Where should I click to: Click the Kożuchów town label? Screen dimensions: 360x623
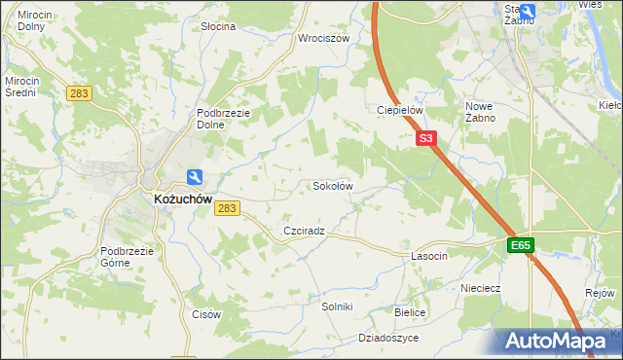coord(182,198)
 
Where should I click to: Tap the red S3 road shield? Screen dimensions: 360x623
coord(425,139)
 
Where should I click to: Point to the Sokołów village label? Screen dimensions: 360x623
coord(331,186)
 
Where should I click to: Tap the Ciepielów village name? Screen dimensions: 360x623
coord(399,110)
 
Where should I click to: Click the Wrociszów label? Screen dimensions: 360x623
coord(323,39)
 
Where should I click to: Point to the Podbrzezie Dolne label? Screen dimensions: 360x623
coord(225,119)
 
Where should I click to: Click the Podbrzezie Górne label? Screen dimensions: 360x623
coord(128,256)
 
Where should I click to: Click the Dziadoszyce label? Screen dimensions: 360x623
coord(388,338)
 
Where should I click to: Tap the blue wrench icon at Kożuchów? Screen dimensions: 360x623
coord(195,176)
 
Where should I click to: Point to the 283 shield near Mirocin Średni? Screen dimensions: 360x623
coord(79,93)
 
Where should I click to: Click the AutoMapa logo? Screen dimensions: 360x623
coord(559,342)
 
